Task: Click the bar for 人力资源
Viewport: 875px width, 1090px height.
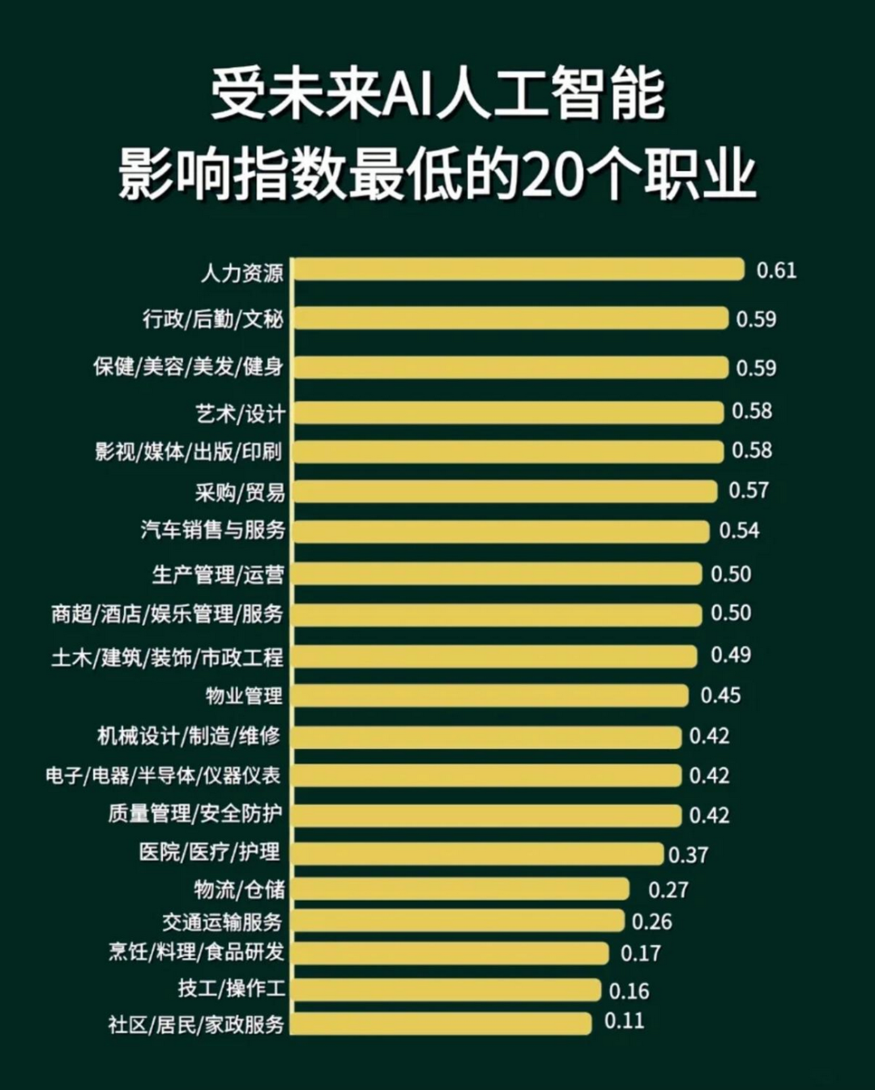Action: coord(519,270)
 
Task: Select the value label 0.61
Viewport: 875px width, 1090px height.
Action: coord(776,270)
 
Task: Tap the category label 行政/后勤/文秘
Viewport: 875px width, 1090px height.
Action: coord(213,318)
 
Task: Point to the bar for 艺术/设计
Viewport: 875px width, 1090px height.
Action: coord(508,412)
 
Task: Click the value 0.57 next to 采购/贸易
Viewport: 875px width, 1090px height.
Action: coord(749,490)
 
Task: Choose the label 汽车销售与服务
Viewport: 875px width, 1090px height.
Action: coord(213,530)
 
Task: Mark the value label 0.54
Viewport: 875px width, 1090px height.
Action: coord(739,531)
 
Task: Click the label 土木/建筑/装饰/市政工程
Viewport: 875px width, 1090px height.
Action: coord(168,656)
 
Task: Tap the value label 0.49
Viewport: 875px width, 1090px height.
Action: coord(730,655)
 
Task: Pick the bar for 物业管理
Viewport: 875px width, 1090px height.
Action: coord(490,695)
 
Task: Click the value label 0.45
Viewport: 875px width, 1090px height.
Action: coord(720,695)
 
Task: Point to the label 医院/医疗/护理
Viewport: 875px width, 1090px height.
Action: coord(210,852)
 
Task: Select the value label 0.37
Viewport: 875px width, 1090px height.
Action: coord(688,855)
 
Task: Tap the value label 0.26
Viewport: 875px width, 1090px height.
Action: coord(651,921)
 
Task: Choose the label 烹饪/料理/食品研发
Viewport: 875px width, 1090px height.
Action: coord(197,951)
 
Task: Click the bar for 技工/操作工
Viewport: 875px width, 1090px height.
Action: coord(446,990)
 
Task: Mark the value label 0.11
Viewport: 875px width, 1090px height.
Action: coord(624,1020)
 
